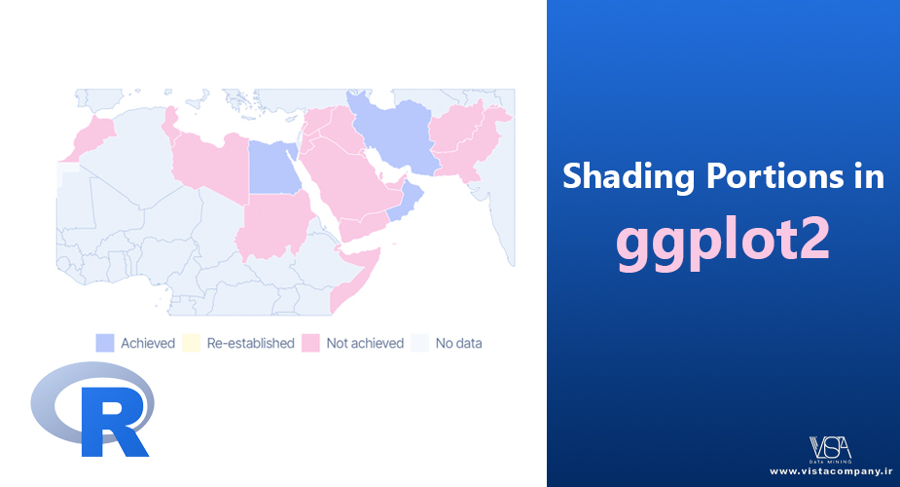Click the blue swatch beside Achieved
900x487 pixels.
click(104, 343)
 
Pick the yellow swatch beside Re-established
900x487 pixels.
click(191, 343)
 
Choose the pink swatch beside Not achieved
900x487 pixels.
click(310, 343)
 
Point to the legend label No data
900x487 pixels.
click(458, 344)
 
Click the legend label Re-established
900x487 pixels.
click(250, 344)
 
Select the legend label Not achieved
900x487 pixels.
click(365, 344)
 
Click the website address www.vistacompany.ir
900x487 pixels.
click(831, 471)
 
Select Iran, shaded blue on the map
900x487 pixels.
click(395, 133)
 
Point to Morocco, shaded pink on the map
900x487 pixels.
click(91, 136)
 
